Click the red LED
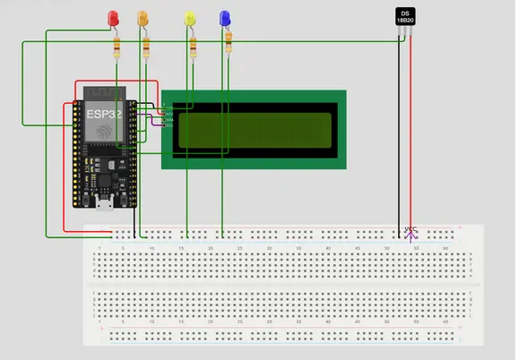tap(113, 18)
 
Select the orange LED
tap(142, 18)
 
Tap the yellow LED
tap(190, 18)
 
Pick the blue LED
tap(225, 18)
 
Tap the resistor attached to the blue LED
tap(229, 40)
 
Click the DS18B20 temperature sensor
tap(406, 17)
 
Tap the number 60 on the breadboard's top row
tap(445, 247)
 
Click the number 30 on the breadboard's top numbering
tap(269, 247)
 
